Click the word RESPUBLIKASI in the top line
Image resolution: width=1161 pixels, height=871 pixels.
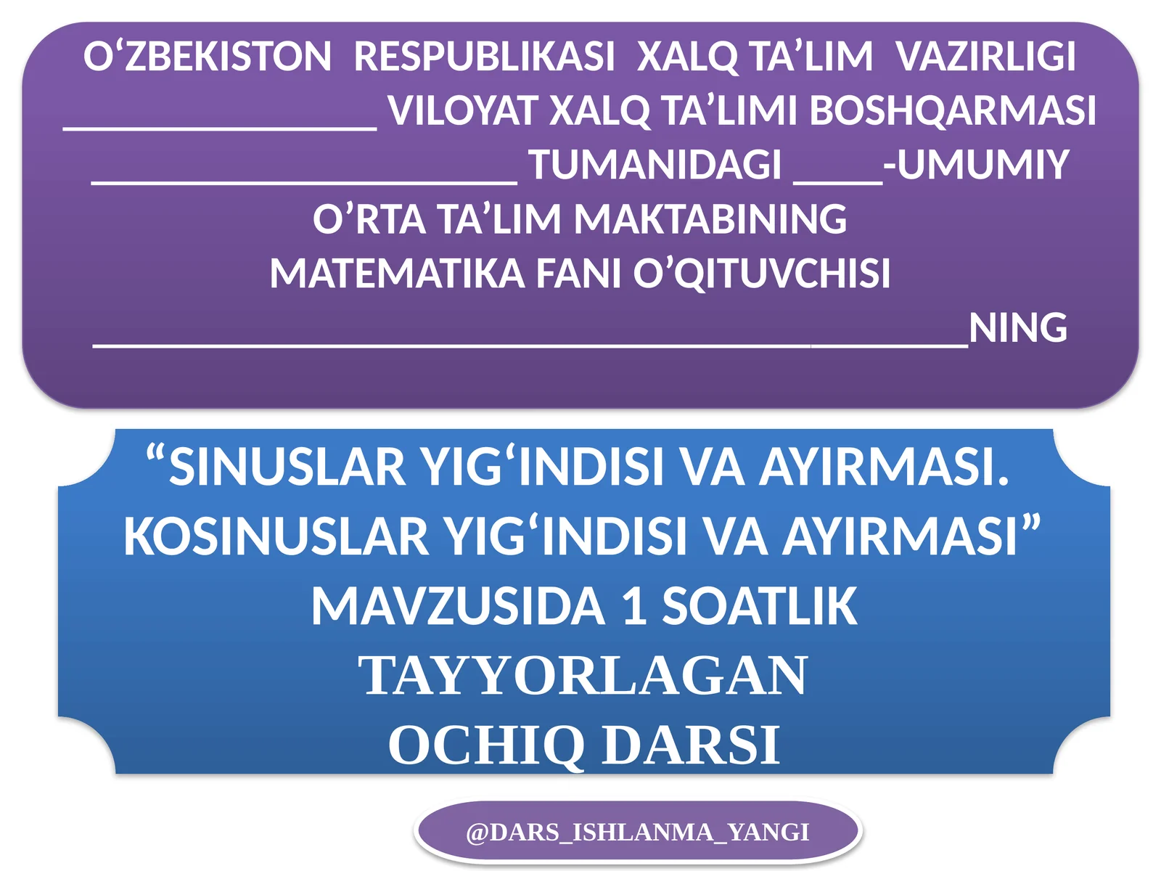[484, 57]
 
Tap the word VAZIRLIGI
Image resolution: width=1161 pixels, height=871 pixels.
[985, 57]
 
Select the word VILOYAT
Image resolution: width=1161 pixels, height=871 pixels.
[464, 111]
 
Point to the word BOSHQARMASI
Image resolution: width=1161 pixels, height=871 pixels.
[952, 111]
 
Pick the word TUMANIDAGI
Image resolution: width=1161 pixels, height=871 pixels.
[655, 165]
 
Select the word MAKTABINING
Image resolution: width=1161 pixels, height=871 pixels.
[711, 219]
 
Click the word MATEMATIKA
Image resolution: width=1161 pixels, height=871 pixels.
[397, 274]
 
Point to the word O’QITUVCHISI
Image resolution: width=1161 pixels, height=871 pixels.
[762, 274]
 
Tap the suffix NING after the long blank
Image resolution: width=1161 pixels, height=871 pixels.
[1018, 328]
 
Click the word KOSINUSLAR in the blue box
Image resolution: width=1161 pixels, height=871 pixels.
[276, 537]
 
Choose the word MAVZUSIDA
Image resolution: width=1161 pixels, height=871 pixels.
[458, 607]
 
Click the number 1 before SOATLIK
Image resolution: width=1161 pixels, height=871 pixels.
[634, 607]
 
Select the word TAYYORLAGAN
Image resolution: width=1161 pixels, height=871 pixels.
[583, 676]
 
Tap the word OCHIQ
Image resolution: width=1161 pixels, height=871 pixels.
[486, 745]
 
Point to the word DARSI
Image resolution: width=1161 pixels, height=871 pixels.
[691, 745]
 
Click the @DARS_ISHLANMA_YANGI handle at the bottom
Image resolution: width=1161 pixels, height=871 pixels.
[637, 832]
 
